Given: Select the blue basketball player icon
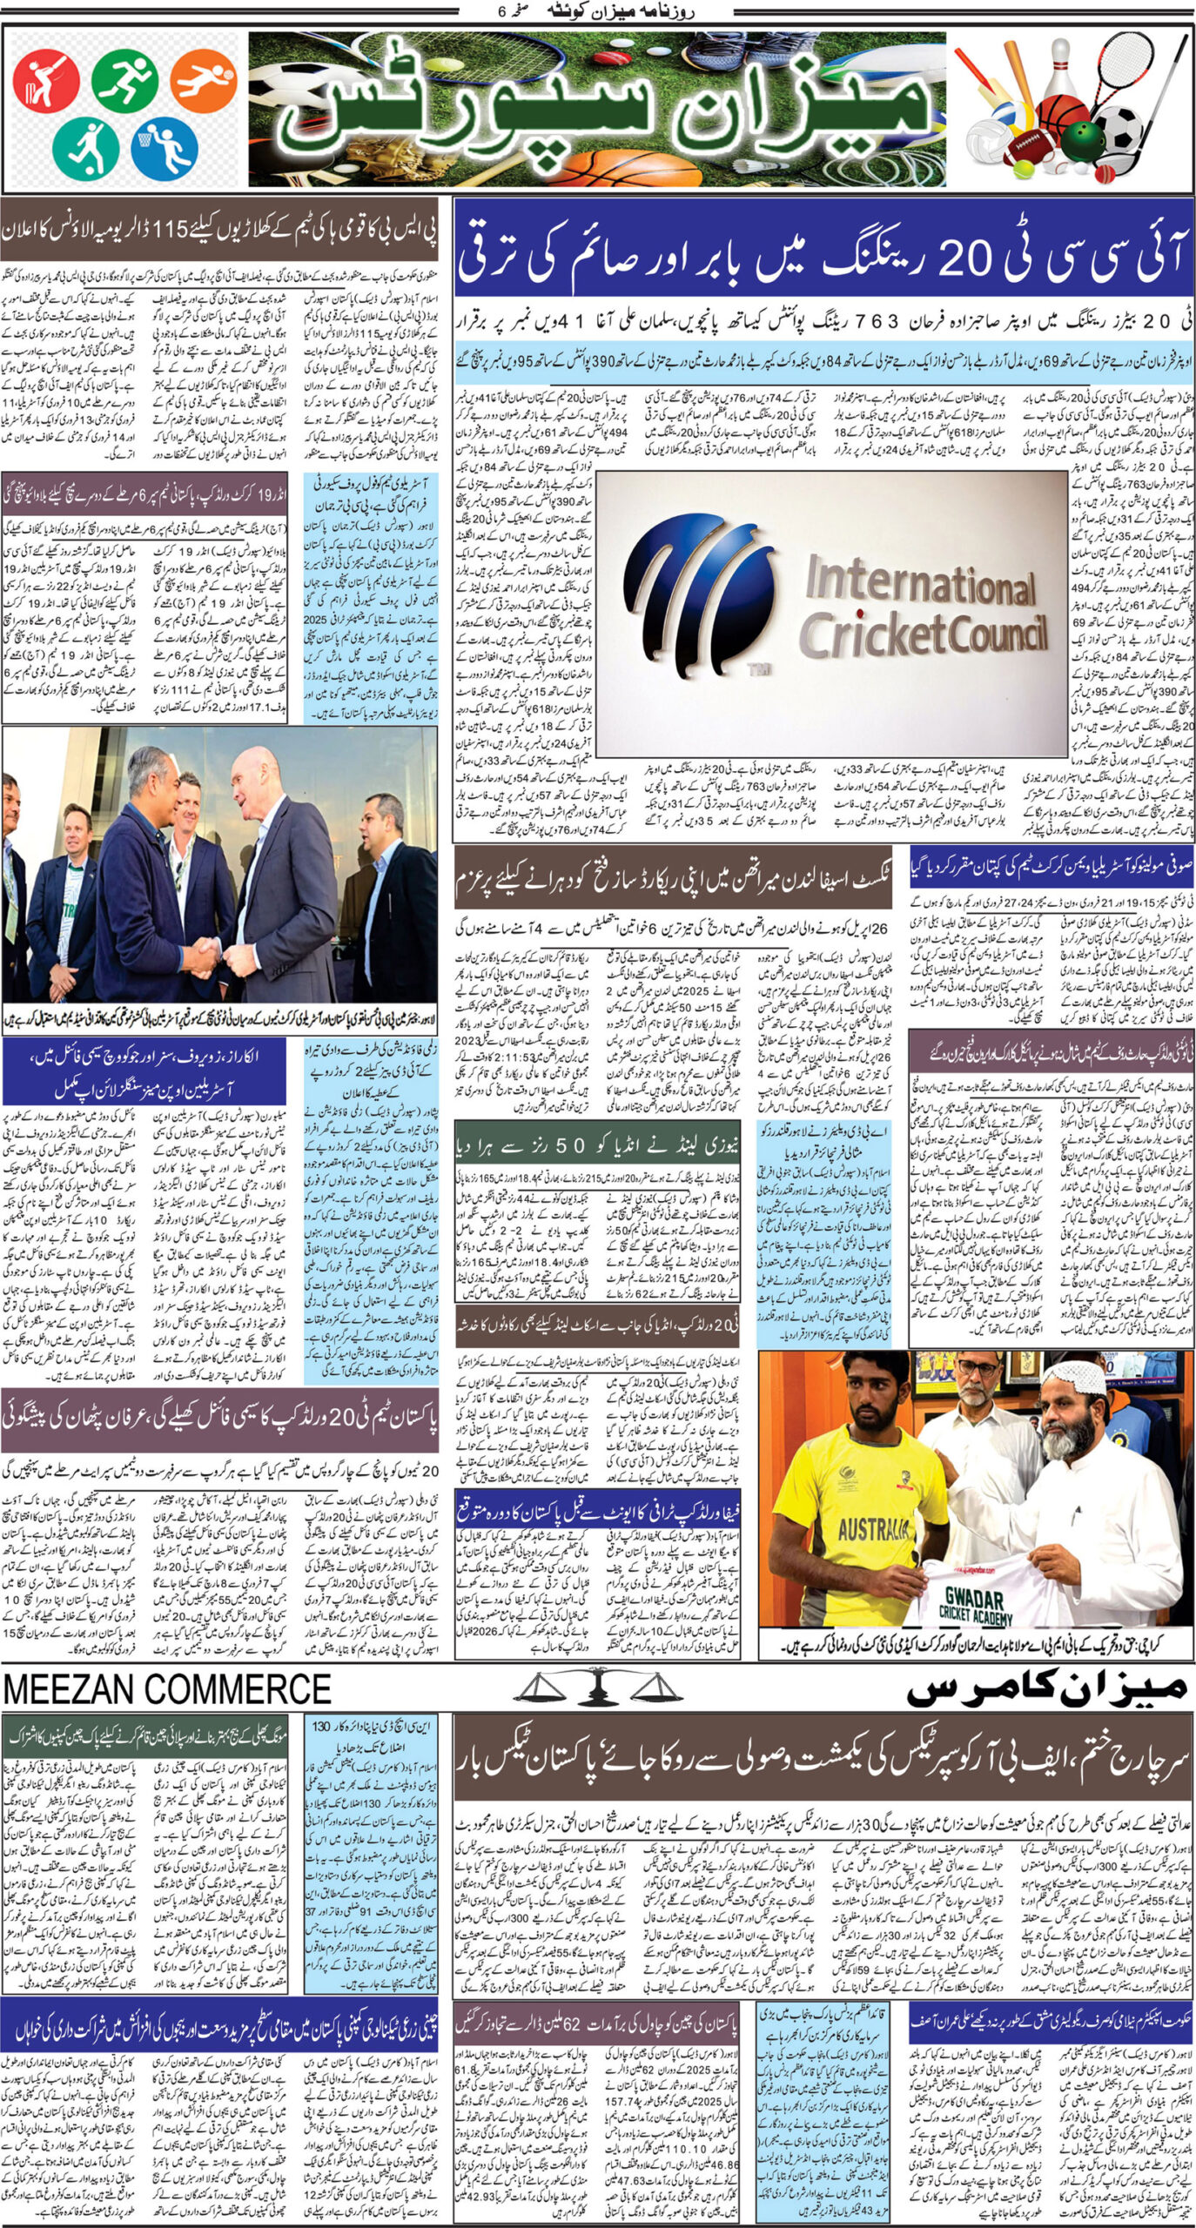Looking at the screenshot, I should click(164, 147).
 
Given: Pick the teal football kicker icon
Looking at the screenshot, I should click(85, 146).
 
